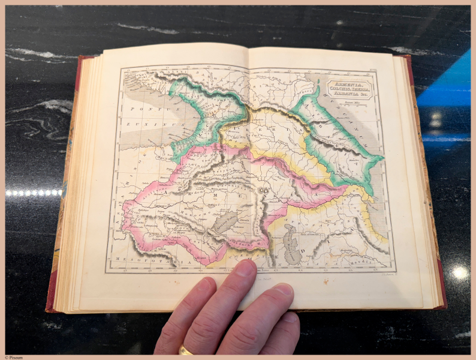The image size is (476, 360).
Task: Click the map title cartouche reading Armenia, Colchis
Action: point(350,89)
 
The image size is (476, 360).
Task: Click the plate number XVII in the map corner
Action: point(372,71)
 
